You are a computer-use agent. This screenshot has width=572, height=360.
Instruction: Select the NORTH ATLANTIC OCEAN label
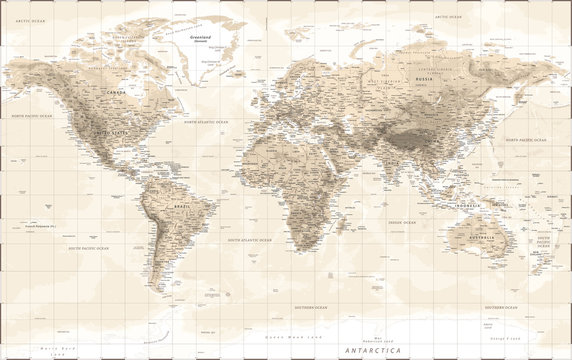(x=205, y=122)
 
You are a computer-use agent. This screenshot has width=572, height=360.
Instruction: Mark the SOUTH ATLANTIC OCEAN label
(x=252, y=240)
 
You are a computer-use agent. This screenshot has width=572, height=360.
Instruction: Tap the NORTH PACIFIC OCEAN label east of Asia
(x=526, y=140)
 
